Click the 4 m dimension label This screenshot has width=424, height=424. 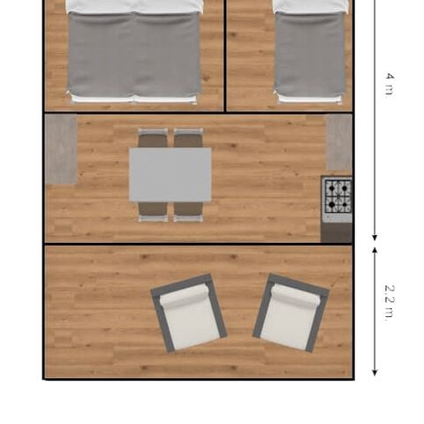pyautogui.click(x=389, y=84)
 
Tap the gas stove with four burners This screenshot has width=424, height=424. pyautogui.click(x=337, y=197)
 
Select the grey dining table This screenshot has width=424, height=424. pyautogui.click(x=170, y=174)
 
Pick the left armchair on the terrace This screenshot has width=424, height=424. pyautogui.click(x=188, y=314)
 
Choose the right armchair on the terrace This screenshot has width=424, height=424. pyautogui.click(x=291, y=313)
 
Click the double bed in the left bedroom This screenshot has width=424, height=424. pyautogui.click(x=133, y=53)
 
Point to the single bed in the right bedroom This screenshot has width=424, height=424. pyautogui.click(x=309, y=53)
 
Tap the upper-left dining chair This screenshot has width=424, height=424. pyautogui.click(x=153, y=138)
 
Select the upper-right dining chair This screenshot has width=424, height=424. pyautogui.click(x=188, y=138)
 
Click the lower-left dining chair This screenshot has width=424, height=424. pyautogui.click(x=153, y=211)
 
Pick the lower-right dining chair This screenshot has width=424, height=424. pyautogui.click(x=188, y=211)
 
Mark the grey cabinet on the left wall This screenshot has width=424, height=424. pyautogui.click(x=61, y=149)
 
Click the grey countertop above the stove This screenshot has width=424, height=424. pyautogui.click(x=338, y=141)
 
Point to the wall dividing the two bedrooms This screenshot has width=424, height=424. pyautogui.click(x=225, y=55)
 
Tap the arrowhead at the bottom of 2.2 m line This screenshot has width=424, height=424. pyautogui.click(x=375, y=371)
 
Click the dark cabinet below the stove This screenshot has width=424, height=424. pyautogui.click(x=337, y=231)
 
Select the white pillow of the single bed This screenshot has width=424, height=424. pyautogui.click(x=309, y=6)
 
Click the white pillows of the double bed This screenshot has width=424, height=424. pyautogui.click(x=133, y=6)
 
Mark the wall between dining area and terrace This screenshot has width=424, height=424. pyautogui.click(x=199, y=244)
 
